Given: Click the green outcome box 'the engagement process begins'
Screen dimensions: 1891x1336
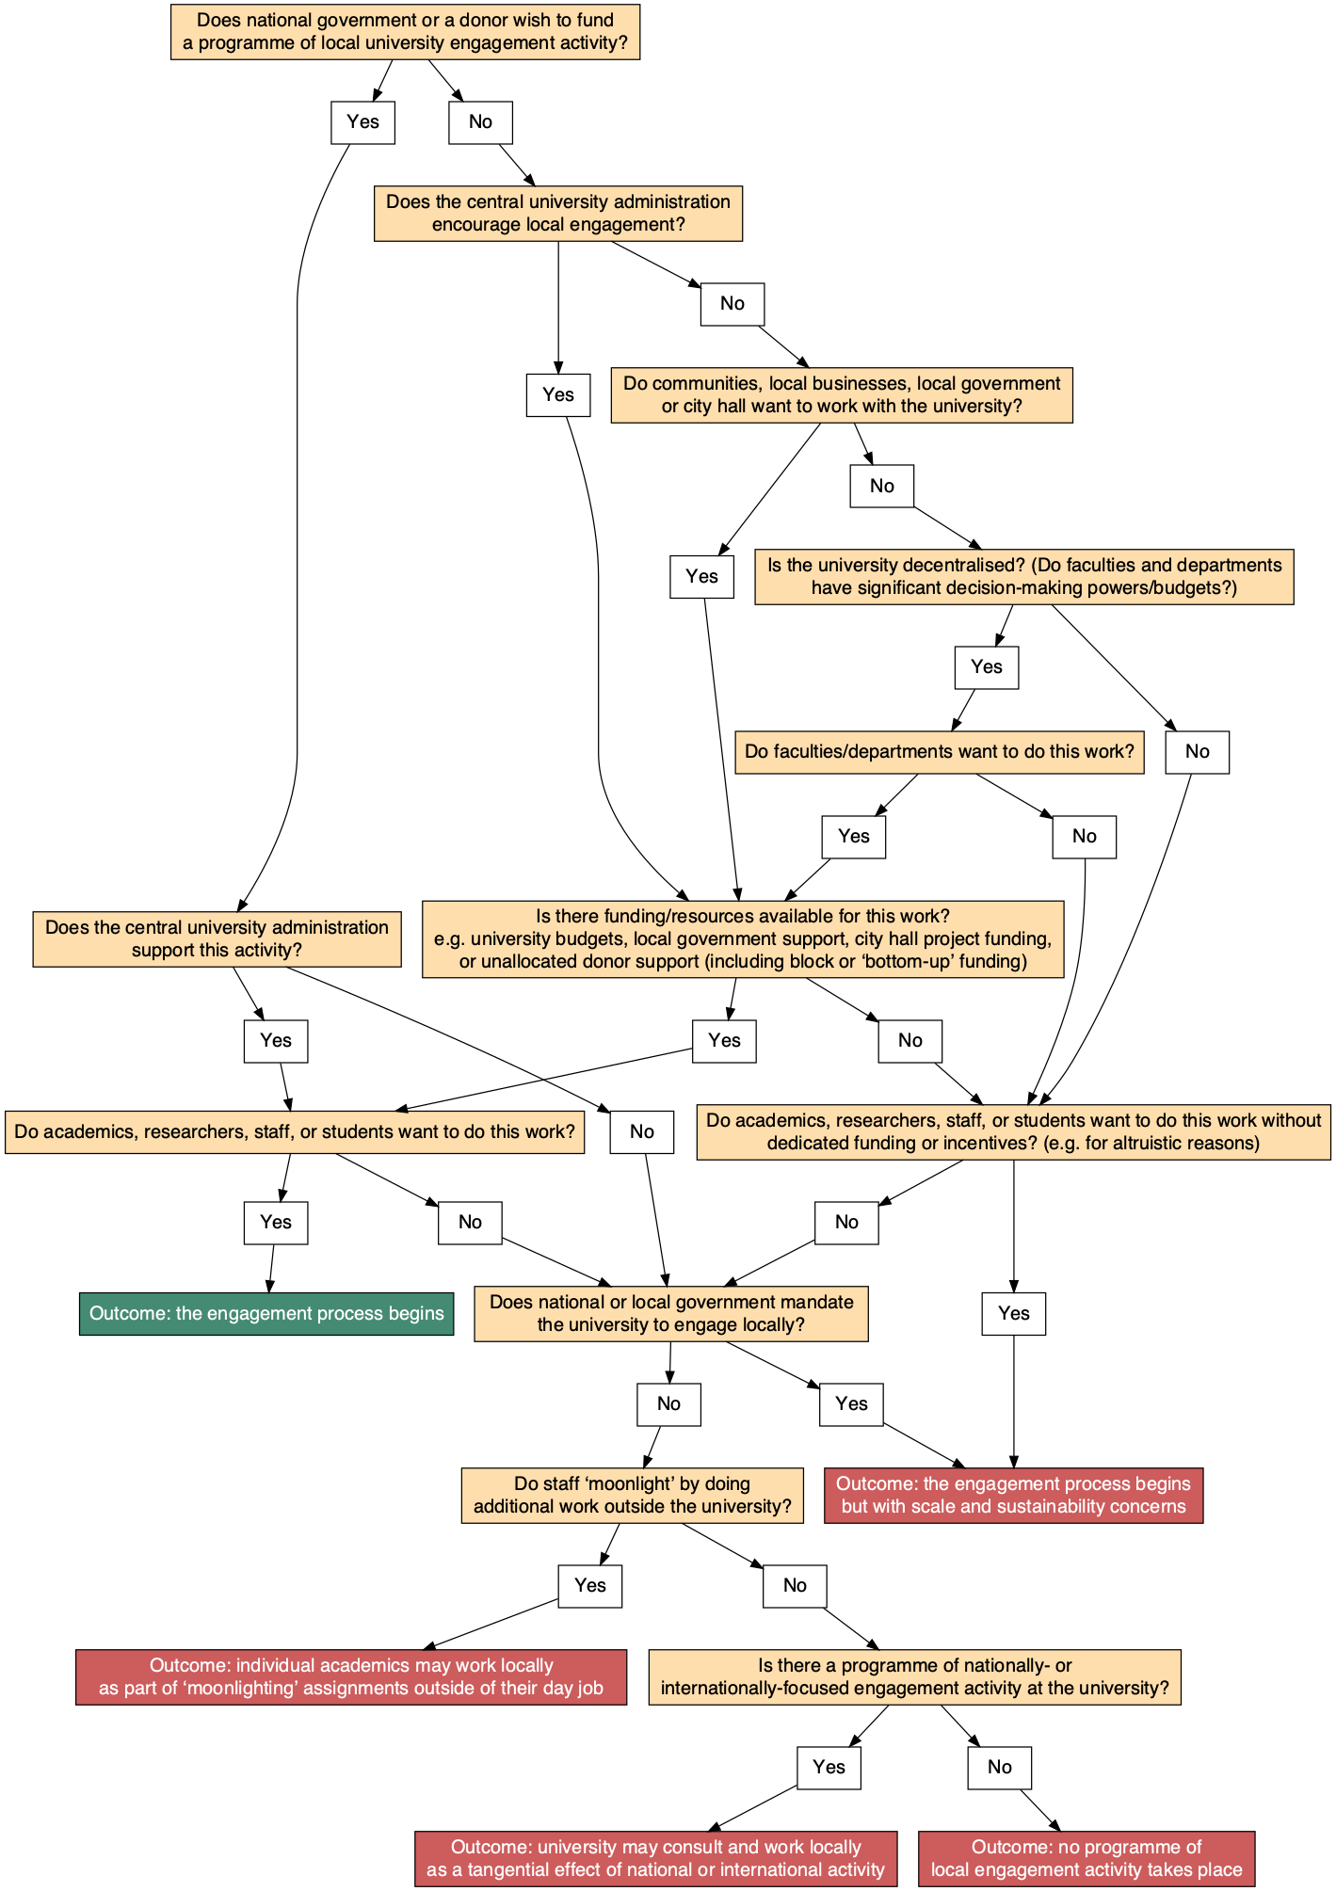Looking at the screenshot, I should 266,1313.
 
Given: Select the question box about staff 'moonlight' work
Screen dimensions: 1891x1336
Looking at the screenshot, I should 632,1495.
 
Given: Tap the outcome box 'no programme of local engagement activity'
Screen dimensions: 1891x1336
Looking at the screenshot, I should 1087,1858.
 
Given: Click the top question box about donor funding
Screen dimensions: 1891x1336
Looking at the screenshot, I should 405,32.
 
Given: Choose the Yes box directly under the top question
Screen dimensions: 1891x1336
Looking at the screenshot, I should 362,122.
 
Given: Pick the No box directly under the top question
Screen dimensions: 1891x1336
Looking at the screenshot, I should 480,122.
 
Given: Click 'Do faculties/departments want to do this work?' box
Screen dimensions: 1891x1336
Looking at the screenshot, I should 939,752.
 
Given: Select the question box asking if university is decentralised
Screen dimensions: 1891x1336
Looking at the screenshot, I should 1023,576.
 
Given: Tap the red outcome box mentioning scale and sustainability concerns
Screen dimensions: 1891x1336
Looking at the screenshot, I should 1013,1495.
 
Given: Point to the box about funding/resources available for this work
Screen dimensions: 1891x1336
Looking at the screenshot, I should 743,938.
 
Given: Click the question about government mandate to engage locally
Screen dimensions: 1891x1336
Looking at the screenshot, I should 670,1313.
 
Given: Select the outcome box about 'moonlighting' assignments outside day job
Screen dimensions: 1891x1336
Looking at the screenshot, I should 350,1676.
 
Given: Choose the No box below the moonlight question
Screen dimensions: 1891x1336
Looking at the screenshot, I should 795,1586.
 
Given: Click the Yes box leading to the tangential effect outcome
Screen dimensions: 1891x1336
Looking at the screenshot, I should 829,1768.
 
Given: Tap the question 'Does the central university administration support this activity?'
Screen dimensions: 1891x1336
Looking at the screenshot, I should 217,938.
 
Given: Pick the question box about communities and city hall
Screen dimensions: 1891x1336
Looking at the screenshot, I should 841,394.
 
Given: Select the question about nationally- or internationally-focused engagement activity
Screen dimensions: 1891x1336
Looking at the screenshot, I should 914,1676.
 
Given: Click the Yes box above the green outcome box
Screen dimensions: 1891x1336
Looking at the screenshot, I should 275,1223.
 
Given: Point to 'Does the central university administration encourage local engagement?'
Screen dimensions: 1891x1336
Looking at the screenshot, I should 557,213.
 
